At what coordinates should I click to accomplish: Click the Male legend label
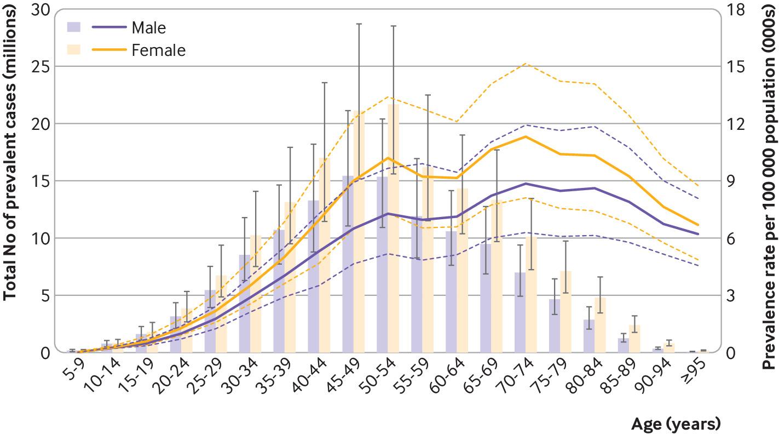pyautogui.click(x=148, y=27)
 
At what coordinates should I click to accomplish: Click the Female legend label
pyautogui.click(x=158, y=50)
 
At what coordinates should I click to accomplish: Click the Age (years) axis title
pyautogui.click(x=676, y=424)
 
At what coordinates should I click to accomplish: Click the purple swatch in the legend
pyautogui.click(x=74, y=27)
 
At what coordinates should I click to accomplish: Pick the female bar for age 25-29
pyautogui.click(x=221, y=315)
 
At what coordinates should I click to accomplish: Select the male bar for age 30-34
pyautogui.click(x=245, y=304)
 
